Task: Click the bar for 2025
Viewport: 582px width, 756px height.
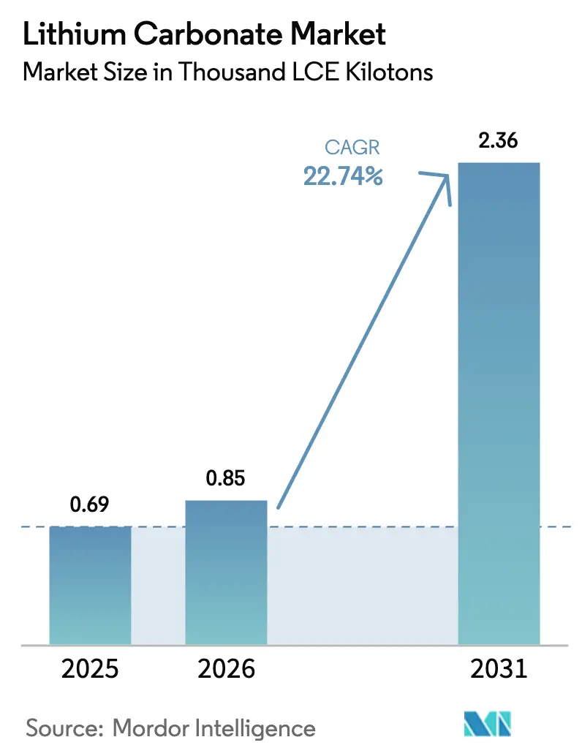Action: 90,585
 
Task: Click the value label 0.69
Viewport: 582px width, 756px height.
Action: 90,506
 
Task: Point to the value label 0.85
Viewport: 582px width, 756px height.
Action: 226,479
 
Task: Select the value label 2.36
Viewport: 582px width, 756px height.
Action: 498,141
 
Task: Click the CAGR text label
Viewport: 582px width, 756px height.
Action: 354,148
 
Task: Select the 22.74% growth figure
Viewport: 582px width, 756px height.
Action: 344,176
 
